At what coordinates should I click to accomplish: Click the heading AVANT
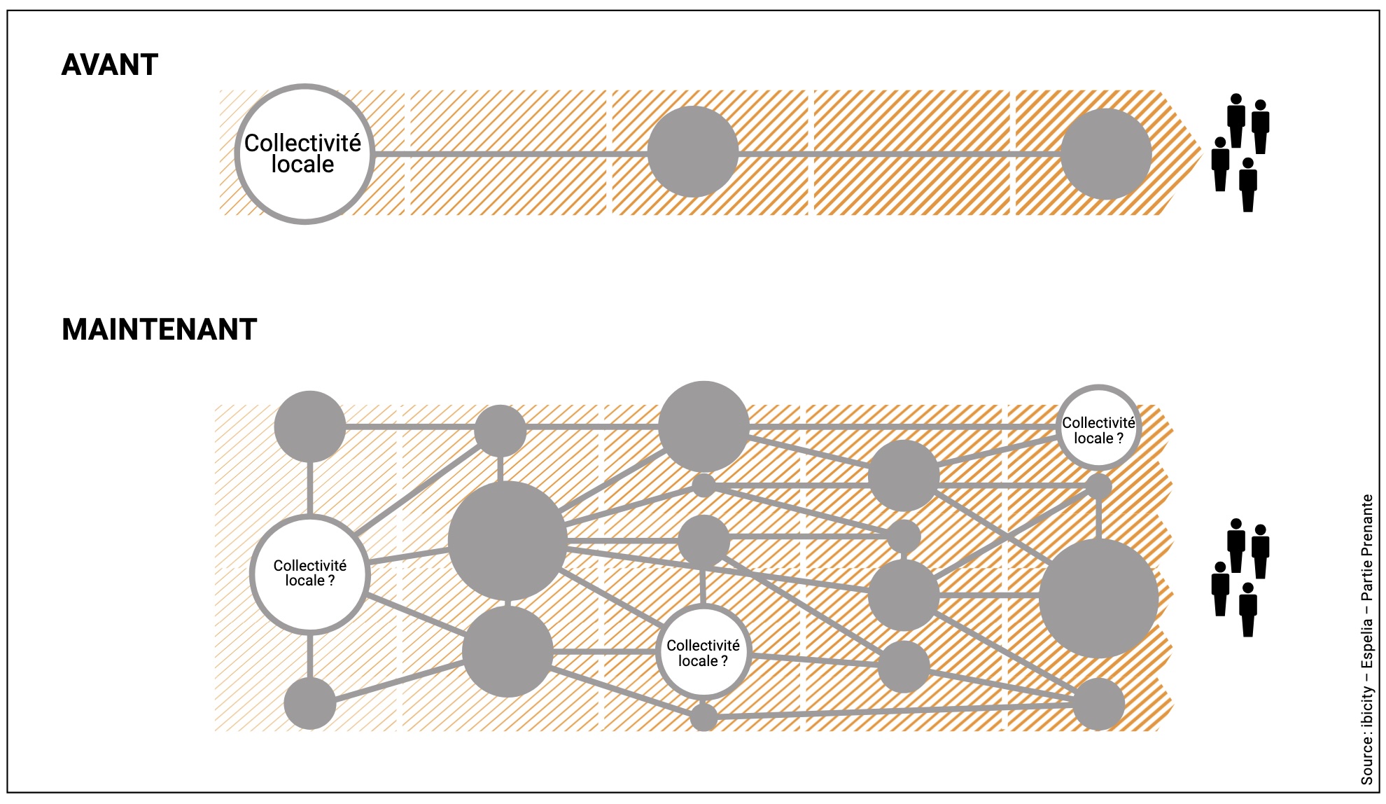[110, 65]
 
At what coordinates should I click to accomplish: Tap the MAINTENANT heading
[160, 330]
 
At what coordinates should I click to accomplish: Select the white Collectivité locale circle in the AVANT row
[304, 154]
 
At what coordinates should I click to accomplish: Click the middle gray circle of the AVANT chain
[692, 152]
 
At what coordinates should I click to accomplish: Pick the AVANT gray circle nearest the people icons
[1105, 154]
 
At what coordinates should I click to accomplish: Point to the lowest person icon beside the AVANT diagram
[1247, 185]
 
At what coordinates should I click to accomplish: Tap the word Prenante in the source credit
[1366, 525]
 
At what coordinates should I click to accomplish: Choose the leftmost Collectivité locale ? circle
[309, 574]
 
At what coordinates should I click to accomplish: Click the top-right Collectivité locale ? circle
[1098, 428]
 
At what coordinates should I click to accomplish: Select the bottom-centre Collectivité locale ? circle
[703, 652]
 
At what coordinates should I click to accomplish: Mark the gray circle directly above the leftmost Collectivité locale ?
[309, 427]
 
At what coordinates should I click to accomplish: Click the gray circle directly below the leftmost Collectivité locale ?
[309, 703]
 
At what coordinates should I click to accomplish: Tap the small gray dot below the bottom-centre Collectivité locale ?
[703, 717]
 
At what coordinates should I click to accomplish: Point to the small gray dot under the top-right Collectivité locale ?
[1098, 486]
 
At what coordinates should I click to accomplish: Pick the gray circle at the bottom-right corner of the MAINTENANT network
[1098, 704]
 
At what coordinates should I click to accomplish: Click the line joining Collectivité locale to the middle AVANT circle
[511, 154]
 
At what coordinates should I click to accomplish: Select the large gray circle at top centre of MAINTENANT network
[703, 427]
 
